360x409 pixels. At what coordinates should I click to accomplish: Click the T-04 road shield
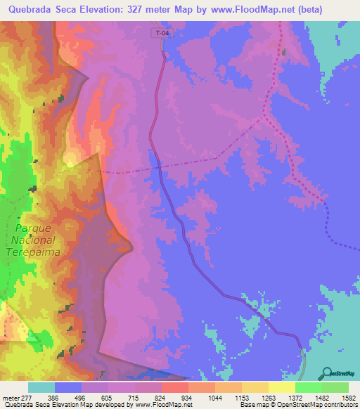click(161, 32)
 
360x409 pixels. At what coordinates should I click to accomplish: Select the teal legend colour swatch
click(41, 387)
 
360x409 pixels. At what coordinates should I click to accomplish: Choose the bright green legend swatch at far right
click(335, 387)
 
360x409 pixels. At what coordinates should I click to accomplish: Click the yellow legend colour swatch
click(281, 387)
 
